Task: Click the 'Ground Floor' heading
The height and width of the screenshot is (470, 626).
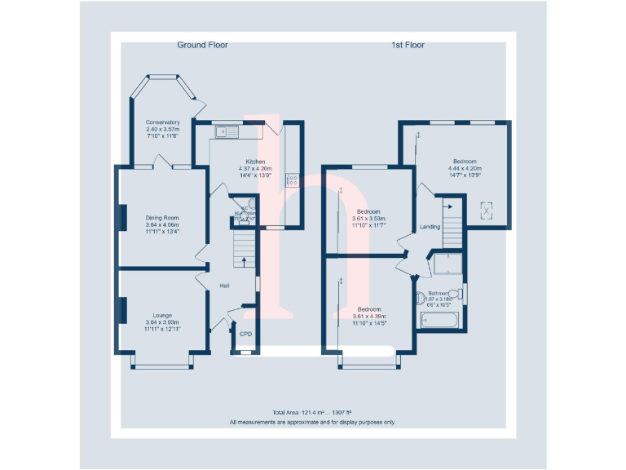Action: point(202,45)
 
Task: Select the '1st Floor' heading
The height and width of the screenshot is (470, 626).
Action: point(408,45)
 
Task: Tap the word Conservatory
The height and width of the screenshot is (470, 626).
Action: point(162,122)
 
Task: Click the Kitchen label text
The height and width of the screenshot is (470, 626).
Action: point(255,162)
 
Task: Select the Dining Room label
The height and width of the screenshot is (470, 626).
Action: point(162,218)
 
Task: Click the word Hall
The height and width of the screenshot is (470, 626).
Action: point(224,286)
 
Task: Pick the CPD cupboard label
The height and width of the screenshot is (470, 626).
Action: point(245,334)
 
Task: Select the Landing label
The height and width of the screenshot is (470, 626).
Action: point(430,227)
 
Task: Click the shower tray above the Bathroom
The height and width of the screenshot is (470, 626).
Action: point(446,264)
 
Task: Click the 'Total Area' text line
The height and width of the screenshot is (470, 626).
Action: point(312,414)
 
